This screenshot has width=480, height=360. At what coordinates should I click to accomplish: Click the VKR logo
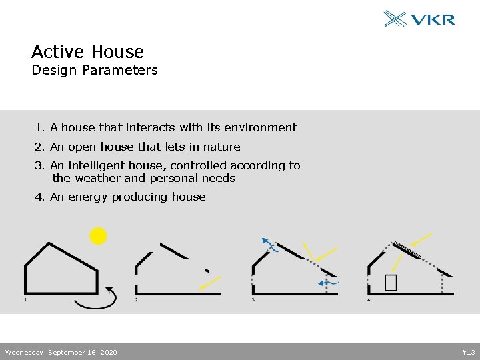(x=419, y=19)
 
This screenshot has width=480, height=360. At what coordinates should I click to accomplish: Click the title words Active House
(x=87, y=52)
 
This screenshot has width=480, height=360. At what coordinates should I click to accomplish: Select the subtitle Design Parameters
(x=95, y=70)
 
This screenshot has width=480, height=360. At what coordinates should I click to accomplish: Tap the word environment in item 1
(x=261, y=127)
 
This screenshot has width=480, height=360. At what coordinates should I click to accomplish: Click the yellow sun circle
(x=98, y=236)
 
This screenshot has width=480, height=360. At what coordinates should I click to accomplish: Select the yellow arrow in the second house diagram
(x=210, y=283)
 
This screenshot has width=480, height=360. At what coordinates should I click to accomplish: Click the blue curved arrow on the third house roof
(x=268, y=243)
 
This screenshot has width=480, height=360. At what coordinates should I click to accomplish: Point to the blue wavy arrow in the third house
(x=329, y=283)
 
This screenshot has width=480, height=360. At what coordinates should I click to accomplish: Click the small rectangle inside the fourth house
(x=391, y=283)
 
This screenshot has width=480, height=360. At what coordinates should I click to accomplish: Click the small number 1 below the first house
(x=25, y=300)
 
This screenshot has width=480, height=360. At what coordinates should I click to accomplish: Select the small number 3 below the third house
(x=253, y=300)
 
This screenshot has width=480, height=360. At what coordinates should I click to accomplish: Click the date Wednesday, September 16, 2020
(x=61, y=352)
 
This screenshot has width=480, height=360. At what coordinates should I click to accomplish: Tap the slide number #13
(x=467, y=352)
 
